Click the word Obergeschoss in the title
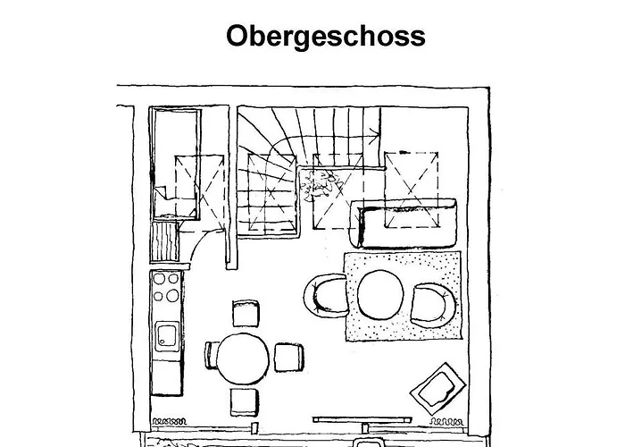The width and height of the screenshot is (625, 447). pyautogui.click(x=326, y=37)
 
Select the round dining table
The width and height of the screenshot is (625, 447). pyautogui.click(x=243, y=358)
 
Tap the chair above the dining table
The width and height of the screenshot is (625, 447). pyautogui.click(x=246, y=314)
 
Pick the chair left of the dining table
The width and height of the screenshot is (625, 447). pyautogui.click(x=211, y=355)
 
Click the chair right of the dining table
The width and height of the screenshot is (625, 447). pyautogui.click(x=289, y=358)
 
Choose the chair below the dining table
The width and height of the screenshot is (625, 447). pyautogui.click(x=244, y=402)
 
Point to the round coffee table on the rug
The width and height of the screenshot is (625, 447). pyautogui.click(x=380, y=294)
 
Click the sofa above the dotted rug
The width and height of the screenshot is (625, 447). pyautogui.click(x=404, y=223)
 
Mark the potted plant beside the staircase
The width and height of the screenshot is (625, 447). pyautogui.click(x=319, y=184)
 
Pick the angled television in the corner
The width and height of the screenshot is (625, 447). pyautogui.click(x=438, y=388)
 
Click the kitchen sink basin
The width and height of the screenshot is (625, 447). pyautogui.click(x=167, y=336)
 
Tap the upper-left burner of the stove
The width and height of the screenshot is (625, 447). pyautogui.click(x=159, y=279)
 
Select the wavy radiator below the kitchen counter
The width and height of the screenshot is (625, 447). pyautogui.click(x=169, y=421)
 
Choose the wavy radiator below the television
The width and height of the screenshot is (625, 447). pyautogui.click(x=446, y=421)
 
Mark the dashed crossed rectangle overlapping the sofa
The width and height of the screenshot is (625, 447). pyautogui.click(x=412, y=190)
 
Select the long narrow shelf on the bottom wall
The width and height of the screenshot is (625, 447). pyautogui.click(x=362, y=419)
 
